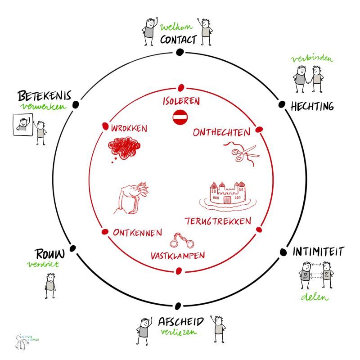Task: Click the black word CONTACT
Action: pos(178,40)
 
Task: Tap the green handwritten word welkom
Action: pos(176,27)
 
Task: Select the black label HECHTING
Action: pos(312,107)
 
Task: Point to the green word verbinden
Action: pos(312,59)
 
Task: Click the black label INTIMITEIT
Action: pos(319,252)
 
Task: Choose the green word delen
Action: pos(315,297)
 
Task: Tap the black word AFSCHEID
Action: pos(181,321)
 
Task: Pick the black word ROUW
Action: pos(50,254)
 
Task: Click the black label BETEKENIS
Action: pos(45,95)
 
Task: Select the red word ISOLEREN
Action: pos(181,101)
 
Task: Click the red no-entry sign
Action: pos(180,117)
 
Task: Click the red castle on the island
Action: pos(228,196)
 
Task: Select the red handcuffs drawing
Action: pos(182,240)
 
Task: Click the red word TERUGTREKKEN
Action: pos(218,221)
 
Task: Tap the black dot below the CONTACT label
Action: pos(179,52)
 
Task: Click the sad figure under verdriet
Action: pos(50,286)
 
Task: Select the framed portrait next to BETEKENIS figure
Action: pos(23,125)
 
